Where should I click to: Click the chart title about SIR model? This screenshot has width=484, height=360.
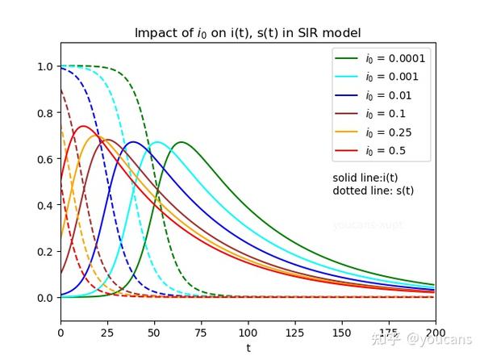click(x=248, y=33)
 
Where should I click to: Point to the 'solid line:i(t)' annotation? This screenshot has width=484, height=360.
click(x=365, y=178)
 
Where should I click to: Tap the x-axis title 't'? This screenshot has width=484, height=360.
click(x=248, y=348)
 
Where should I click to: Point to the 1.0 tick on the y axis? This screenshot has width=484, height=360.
click(x=45, y=67)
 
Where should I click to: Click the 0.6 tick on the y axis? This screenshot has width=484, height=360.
click(x=45, y=160)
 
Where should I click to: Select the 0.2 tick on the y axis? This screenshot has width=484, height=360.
click(x=45, y=252)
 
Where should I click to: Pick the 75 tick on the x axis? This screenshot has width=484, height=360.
click(x=201, y=333)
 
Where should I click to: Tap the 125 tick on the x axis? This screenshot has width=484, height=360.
click(x=294, y=333)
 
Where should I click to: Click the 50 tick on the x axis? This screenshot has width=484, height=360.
click(x=154, y=333)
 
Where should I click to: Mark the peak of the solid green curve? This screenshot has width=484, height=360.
click(x=181, y=142)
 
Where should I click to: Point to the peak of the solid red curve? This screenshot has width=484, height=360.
click(x=82, y=126)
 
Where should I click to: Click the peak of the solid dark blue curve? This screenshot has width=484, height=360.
click(x=133, y=142)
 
